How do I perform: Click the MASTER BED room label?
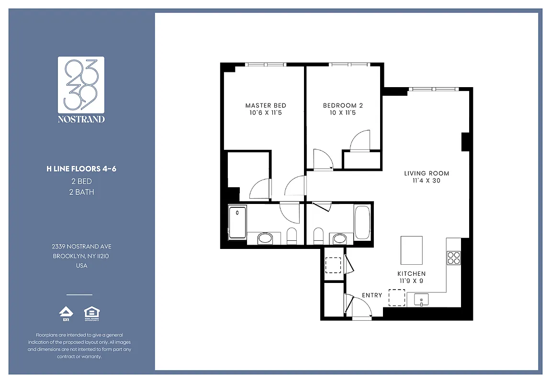click(266, 105)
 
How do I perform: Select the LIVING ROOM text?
click(427, 173)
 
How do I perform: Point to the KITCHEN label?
click(411, 273)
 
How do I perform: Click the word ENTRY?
click(372, 295)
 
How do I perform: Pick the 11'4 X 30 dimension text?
click(427, 181)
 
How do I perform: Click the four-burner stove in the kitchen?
click(453, 258)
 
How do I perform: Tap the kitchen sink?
click(421, 300)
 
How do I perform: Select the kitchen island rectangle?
click(412, 250)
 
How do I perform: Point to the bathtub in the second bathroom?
click(362, 222)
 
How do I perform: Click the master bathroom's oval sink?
click(265, 238)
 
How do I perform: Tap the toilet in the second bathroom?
click(318, 236)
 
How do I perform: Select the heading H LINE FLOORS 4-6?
click(81, 169)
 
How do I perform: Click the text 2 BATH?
click(81, 192)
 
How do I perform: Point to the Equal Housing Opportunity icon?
click(91, 313)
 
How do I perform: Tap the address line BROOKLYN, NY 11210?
click(81, 256)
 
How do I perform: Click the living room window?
click(433, 89)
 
